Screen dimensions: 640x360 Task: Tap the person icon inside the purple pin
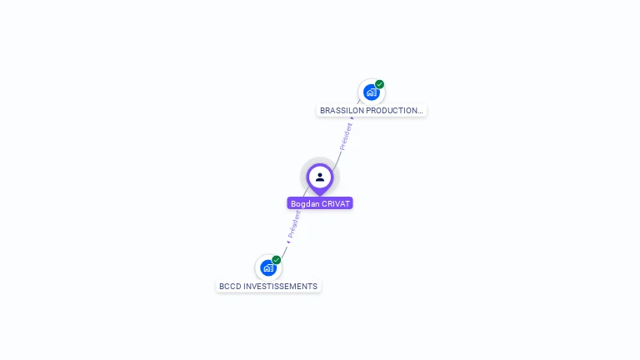pyautogui.click(x=320, y=177)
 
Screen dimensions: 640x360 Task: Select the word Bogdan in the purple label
pyautogui.click(x=304, y=204)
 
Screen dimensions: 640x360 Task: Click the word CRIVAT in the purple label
pyautogui.click(x=335, y=204)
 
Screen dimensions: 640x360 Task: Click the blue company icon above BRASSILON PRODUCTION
pyautogui.click(x=371, y=92)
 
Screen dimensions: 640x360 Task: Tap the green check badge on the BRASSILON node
pyautogui.click(x=380, y=84)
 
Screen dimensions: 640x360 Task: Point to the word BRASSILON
pyautogui.click(x=342, y=111)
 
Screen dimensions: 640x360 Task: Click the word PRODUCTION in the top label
pyautogui.click(x=392, y=111)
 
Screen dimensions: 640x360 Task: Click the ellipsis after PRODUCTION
pyautogui.click(x=421, y=111)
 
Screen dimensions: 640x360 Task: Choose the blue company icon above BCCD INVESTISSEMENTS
pyautogui.click(x=267, y=268)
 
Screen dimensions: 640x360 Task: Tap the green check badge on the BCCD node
pyautogui.click(x=277, y=260)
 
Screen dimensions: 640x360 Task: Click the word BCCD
pyautogui.click(x=229, y=287)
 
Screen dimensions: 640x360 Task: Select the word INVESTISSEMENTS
pyautogui.click(x=280, y=287)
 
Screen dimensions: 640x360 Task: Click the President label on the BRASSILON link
pyautogui.click(x=346, y=136)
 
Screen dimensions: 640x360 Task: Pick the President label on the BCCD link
pyautogui.click(x=294, y=224)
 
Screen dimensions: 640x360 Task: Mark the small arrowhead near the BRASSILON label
pyautogui.click(x=352, y=118)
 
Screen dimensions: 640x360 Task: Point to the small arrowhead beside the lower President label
pyautogui.click(x=288, y=242)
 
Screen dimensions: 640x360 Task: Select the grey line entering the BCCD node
pyautogui.click(x=283, y=250)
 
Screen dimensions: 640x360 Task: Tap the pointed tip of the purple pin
pyautogui.click(x=320, y=194)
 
